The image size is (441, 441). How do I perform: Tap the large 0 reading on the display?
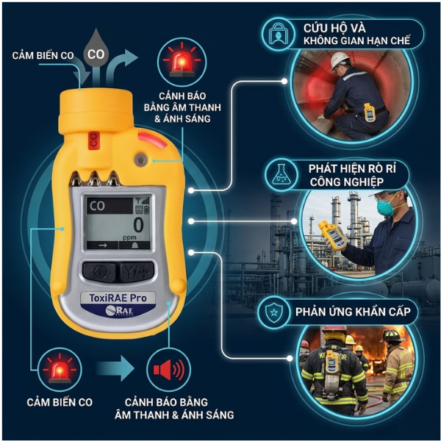click(138, 225)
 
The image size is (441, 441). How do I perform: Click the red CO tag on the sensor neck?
click(93, 140)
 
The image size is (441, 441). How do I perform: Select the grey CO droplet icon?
click(96, 47)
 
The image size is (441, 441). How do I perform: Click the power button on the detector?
click(99, 272)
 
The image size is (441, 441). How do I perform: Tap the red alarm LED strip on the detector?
click(152, 140)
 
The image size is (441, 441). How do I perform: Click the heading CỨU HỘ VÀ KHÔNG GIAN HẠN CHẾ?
click(356, 35)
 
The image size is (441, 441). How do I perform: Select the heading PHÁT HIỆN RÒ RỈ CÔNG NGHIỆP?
click(352, 175)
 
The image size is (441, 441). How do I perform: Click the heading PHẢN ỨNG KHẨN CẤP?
click(353, 312)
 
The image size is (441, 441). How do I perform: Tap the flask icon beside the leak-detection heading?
click(282, 175)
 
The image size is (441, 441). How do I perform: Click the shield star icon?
click(273, 312)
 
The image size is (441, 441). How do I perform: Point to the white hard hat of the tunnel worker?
click(339, 60)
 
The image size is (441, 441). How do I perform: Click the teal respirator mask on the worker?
click(385, 207)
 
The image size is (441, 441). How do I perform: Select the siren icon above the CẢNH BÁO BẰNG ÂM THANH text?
click(182, 62)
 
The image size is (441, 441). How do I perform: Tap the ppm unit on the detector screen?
click(129, 238)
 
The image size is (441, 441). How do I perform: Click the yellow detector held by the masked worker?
click(332, 236)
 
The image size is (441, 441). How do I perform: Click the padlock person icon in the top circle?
click(279, 34)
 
